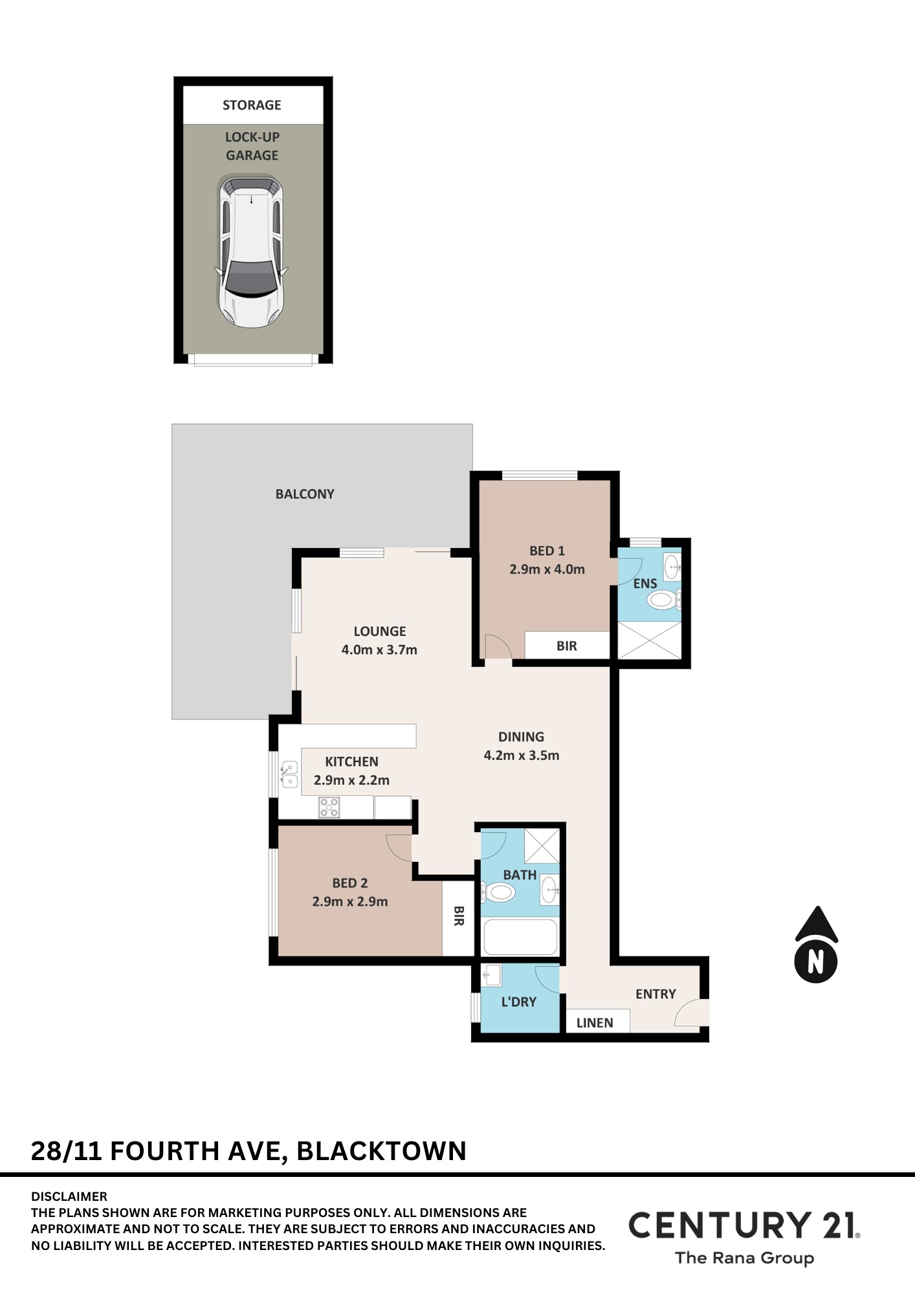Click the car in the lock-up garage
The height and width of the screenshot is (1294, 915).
point(251,251)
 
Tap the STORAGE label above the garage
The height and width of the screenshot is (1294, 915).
point(252,105)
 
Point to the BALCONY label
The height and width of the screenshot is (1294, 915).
point(305,494)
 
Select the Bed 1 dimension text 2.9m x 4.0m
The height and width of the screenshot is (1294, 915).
point(547,569)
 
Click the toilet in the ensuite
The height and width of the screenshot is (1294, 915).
point(663,600)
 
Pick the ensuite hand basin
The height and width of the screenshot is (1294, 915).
point(672,567)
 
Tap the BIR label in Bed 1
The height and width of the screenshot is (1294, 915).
point(567,646)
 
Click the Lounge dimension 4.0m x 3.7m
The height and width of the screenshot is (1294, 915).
point(379,650)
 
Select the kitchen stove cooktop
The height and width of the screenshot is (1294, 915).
point(329,807)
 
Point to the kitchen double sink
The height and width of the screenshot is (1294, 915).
point(289,774)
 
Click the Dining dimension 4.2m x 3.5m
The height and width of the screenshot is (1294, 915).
point(522,755)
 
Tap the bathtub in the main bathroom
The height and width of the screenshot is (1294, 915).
point(520,937)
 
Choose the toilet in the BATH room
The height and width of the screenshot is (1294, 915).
point(498,893)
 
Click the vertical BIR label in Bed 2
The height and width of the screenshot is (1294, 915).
point(459,916)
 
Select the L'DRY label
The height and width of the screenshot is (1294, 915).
point(519,1002)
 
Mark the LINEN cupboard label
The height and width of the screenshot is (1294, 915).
point(595,1023)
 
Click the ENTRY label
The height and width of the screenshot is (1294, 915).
point(656,994)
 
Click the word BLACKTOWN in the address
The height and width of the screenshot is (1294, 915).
point(381,1151)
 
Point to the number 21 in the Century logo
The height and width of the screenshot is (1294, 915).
point(839,1225)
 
